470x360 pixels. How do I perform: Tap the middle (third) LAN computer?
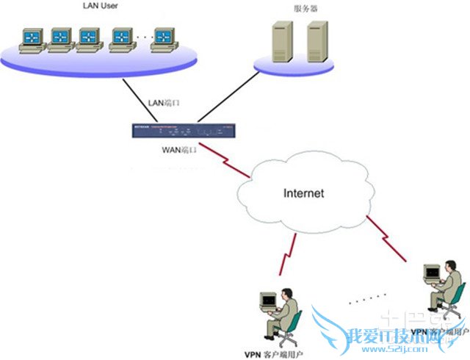tap(89, 39)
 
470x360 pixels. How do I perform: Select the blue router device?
tap(185, 131)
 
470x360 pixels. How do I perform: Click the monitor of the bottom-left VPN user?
tap(268, 300)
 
